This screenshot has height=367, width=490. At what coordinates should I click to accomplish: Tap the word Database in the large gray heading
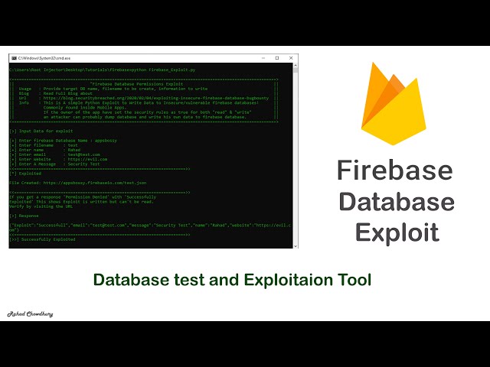(396, 202)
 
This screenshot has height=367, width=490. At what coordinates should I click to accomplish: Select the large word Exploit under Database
(396, 232)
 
